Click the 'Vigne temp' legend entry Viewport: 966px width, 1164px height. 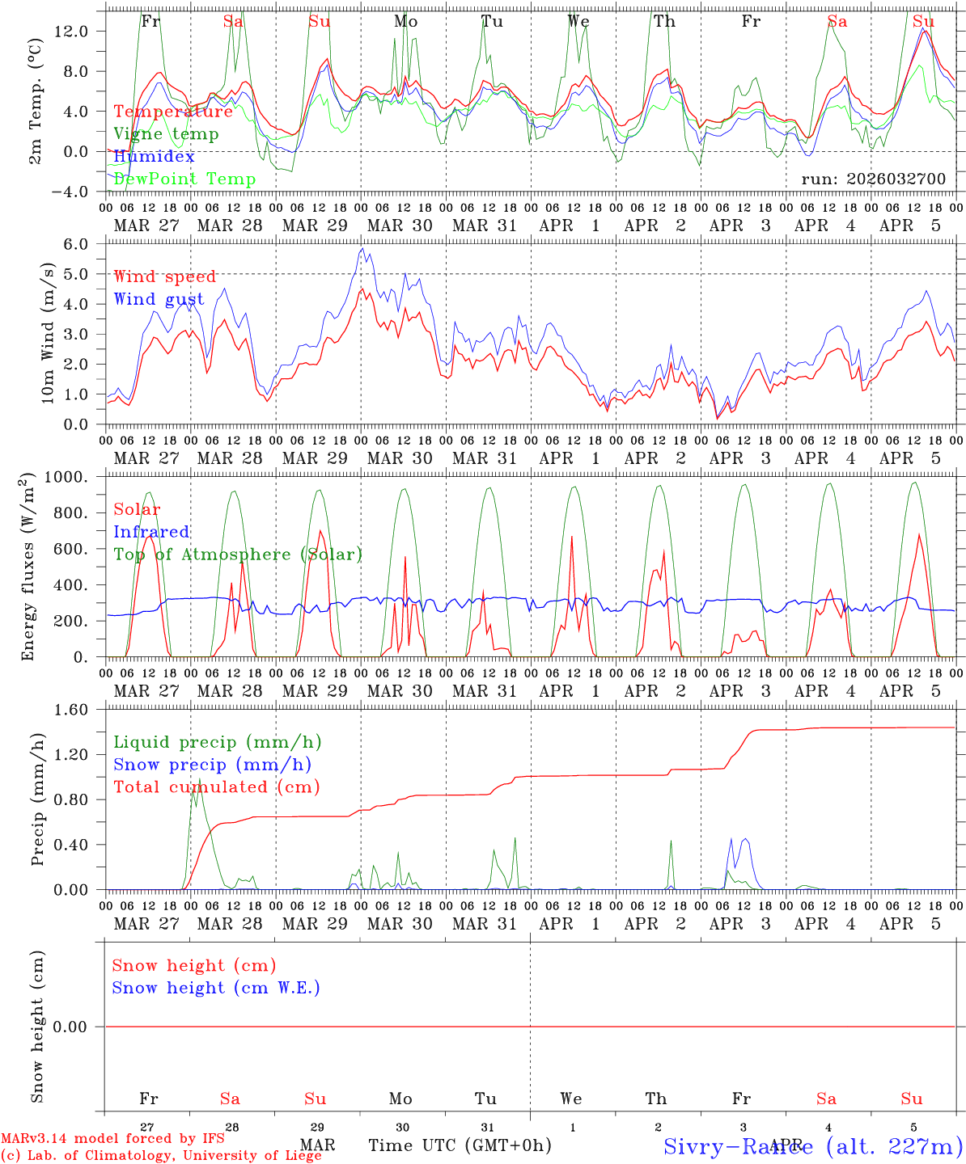coord(166,134)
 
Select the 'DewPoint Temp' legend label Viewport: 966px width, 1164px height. coord(184,179)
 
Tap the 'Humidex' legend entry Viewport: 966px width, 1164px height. coord(154,157)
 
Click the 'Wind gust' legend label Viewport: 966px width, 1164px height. coord(159,299)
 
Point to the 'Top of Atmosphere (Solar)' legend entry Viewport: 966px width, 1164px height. coord(238,555)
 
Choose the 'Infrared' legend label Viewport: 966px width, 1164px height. coord(151,532)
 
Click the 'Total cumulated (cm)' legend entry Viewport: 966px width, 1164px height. coord(216,787)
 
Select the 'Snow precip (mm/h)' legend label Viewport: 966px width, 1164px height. coord(212,765)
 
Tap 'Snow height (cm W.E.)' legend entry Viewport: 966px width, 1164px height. coord(215,988)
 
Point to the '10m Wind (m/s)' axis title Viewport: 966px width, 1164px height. coord(49,333)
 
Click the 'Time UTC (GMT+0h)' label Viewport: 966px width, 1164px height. coord(460,1145)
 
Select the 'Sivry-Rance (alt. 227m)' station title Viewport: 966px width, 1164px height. coord(812,1145)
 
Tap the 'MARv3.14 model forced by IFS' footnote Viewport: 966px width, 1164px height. coord(112,1139)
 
